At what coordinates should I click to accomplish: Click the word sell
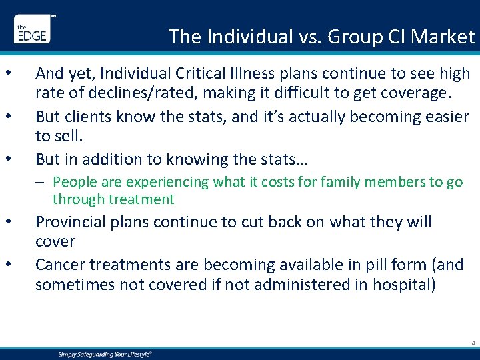click(69, 136)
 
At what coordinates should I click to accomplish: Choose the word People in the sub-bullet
click(74, 182)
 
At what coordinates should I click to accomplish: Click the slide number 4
click(472, 344)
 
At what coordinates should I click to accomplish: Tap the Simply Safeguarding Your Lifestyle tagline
click(103, 354)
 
